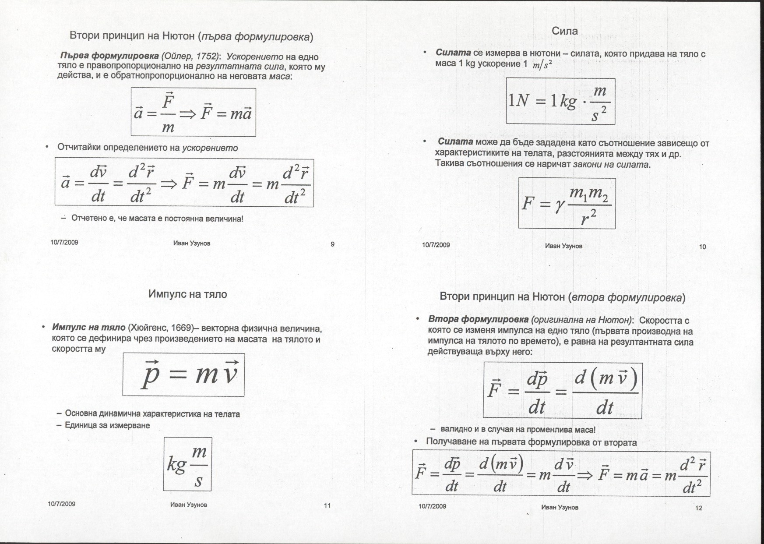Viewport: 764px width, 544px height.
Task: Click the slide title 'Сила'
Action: [565, 31]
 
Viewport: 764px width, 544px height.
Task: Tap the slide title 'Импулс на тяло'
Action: [187, 294]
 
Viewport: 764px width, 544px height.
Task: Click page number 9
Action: [332, 244]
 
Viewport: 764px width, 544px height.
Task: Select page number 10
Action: [702, 247]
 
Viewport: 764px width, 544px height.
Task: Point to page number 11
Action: [327, 505]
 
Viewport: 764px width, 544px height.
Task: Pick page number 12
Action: [698, 508]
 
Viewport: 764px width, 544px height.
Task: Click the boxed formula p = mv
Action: [183, 375]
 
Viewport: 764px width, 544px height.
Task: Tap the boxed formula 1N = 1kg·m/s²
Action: [560, 101]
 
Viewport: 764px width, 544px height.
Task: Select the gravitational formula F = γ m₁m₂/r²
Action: [567, 203]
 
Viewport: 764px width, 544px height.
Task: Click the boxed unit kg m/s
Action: [187, 464]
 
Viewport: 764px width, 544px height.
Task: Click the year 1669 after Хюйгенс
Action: [181, 328]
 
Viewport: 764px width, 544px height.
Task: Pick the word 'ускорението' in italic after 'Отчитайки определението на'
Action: [210, 148]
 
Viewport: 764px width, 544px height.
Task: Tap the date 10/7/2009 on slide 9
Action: [64, 242]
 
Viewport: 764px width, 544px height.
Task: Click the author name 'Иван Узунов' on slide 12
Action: [560, 507]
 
